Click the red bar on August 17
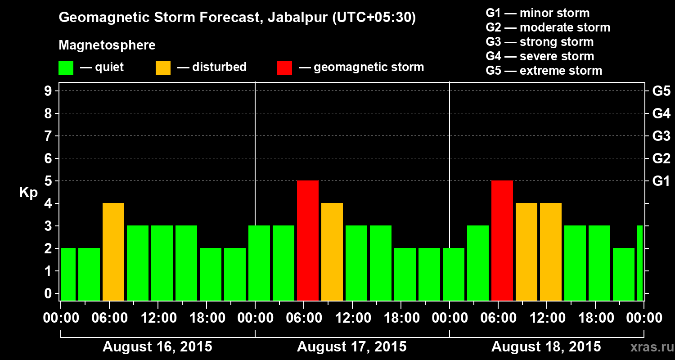(x=308, y=240)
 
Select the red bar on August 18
(x=502, y=240)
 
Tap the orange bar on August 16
(x=113, y=252)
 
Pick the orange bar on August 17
(x=332, y=252)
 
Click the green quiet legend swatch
(x=66, y=67)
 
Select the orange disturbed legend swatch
(x=163, y=67)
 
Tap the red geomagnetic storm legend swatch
(x=284, y=67)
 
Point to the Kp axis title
(x=28, y=193)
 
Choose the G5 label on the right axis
(x=661, y=91)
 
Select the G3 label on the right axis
(x=661, y=136)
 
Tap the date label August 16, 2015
(x=157, y=347)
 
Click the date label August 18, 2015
(x=546, y=347)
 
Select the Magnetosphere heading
(x=107, y=45)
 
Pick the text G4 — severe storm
(x=540, y=56)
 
